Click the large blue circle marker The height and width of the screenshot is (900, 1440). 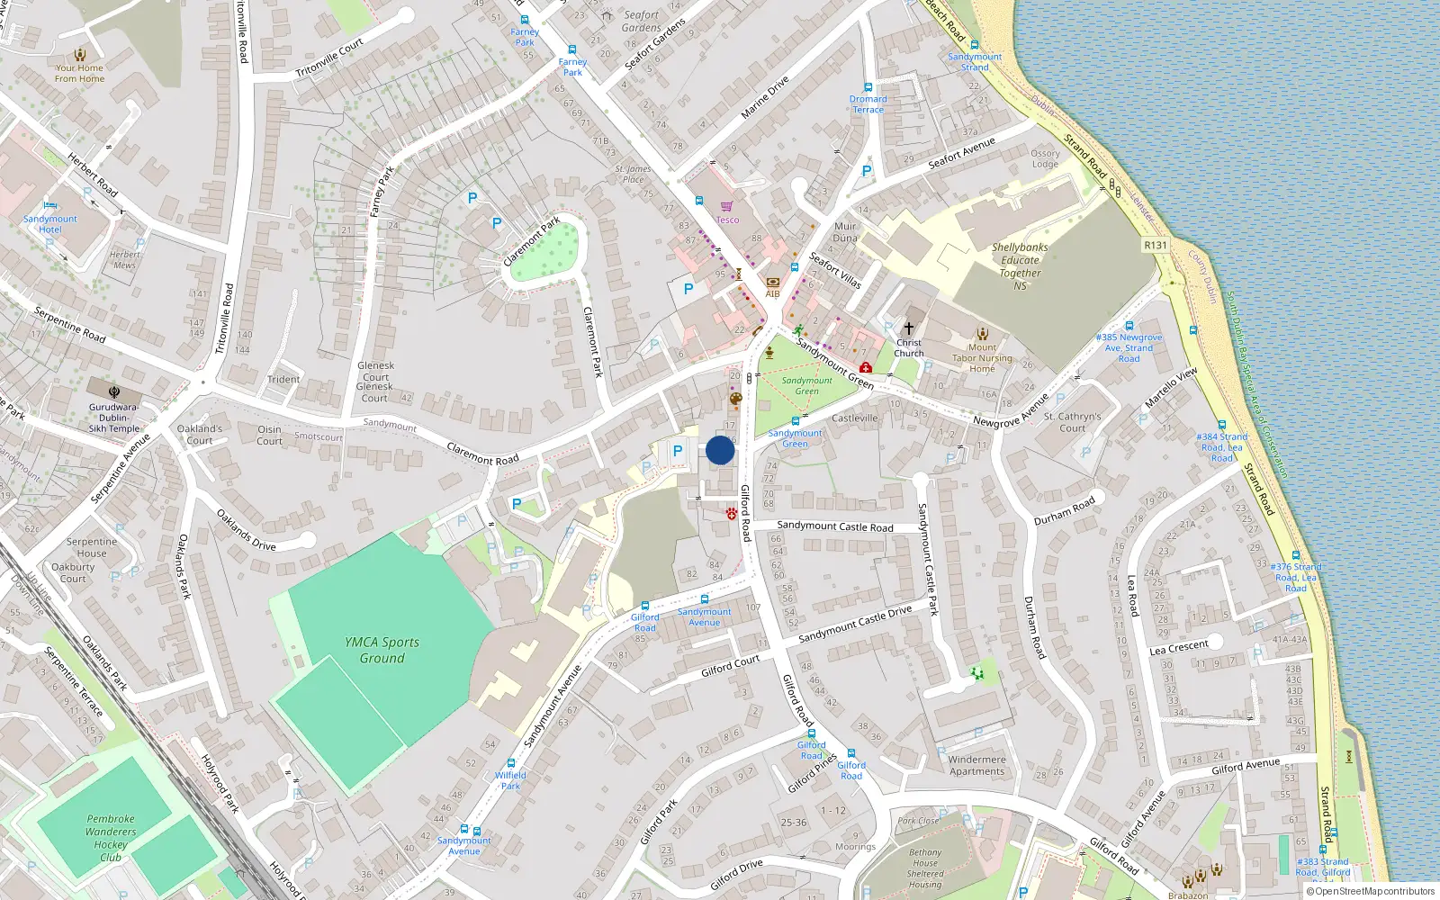(x=720, y=450)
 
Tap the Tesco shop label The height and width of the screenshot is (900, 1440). (x=727, y=220)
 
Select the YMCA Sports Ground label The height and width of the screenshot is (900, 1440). (x=382, y=650)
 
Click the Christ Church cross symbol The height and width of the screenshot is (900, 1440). (x=908, y=328)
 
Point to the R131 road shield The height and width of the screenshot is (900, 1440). (x=1155, y=245)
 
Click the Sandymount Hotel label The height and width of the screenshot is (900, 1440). (x=50, y=224)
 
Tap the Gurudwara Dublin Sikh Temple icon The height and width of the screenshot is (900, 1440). (x=114, y=392)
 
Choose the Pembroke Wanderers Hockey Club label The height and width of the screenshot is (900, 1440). (x=111, y=838)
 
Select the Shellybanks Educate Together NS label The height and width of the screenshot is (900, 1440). (x=1020, y=266)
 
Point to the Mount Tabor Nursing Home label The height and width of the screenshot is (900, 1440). (x=982, y=358)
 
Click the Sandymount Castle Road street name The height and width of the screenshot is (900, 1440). (x=834, y=526)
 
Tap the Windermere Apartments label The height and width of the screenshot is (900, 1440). (x=976, y=765)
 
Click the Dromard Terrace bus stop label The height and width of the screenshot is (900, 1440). (x=868, y=104)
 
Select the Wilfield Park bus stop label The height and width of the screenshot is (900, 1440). (x=510, y=780)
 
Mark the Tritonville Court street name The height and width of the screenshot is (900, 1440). (x=329, y=58)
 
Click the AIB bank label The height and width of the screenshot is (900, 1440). (x=772, y=293)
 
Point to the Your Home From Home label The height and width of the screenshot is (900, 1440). (x=79, y=73)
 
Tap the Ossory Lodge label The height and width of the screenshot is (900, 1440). (x=1045, y=158)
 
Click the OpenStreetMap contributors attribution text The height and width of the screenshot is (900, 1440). (x=1371, y=891)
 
